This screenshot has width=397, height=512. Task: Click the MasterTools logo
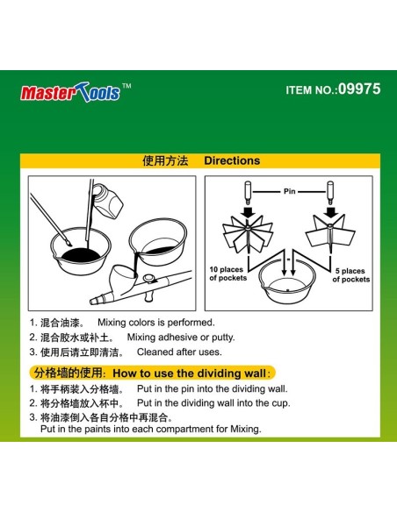[76, 92]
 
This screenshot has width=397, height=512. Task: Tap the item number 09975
[359, 89]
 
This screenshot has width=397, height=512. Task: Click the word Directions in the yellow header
[232, 160]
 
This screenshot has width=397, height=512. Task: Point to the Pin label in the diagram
[290, 191]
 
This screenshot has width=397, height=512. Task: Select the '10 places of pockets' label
[228, 274]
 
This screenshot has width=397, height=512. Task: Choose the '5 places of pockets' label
[351, 275]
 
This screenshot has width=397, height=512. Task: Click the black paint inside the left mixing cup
[81, 255]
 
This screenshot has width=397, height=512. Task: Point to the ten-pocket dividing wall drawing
[248, 233]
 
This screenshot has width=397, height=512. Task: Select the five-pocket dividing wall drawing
[330, 233]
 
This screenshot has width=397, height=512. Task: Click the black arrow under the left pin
[249, 212]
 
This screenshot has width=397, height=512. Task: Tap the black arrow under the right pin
[330, 212]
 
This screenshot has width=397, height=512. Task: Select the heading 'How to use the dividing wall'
[190, 373]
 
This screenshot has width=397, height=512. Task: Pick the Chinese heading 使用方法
[165, 160]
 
